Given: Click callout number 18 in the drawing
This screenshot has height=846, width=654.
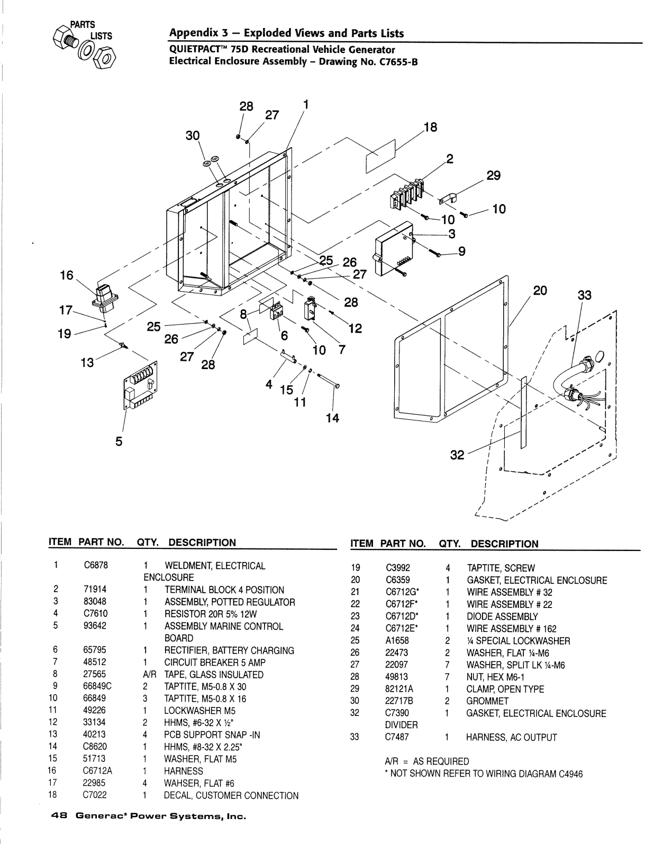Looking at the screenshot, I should click(430, 127).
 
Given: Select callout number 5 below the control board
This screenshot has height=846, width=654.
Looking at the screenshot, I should click(119, 441).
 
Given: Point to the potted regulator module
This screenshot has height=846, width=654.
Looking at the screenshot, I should click(395, 249).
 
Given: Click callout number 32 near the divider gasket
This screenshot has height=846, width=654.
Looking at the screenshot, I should click(457, 455).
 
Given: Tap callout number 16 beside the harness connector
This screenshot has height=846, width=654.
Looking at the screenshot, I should click(67, 275).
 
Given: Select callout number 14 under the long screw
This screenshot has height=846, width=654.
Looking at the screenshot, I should click(332, 418).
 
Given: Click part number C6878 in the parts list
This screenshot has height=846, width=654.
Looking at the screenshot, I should click(96, 566).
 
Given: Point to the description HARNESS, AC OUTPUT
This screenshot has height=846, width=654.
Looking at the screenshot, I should click(511, 738).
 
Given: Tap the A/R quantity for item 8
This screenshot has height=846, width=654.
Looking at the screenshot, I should click(147, 675).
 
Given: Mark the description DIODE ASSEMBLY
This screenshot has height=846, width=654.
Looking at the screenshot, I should click(502, 617).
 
